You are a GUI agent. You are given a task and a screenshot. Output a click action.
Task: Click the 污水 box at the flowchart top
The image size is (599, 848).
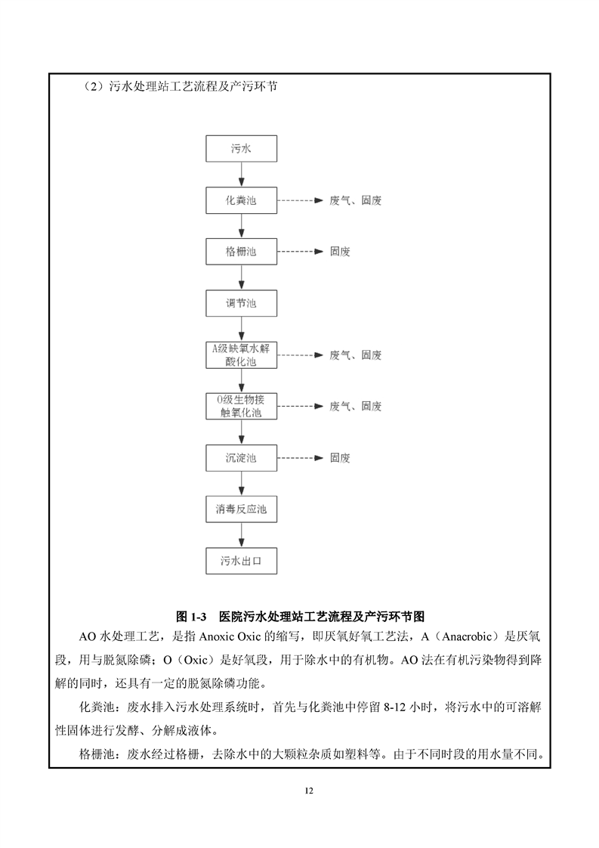click(241, 149)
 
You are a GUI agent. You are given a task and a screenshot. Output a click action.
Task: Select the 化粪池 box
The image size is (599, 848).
click(241, 200)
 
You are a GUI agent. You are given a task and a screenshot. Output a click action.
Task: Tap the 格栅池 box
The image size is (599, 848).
click(241, 252)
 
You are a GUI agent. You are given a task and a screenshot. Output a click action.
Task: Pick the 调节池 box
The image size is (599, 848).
click(241, 303)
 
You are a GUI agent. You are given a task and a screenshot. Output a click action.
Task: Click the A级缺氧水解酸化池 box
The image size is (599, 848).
click(241, 354)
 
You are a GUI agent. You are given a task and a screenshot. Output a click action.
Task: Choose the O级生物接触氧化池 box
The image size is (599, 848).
click(241, 406)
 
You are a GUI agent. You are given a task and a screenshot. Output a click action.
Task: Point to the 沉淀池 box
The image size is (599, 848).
click(241, 458)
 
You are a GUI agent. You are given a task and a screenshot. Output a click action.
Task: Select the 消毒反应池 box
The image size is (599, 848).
click(241, 509)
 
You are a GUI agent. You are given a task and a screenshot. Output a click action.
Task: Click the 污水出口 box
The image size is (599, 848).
click(241, 561)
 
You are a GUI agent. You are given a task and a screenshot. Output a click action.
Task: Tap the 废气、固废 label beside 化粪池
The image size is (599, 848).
click(356, 200)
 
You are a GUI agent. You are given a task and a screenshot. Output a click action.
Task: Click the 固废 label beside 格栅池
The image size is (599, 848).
click(340, 252)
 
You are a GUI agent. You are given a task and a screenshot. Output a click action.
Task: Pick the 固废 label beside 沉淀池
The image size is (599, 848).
click(340, 458)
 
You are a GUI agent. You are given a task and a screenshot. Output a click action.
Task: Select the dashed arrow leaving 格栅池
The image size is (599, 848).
click(300, 252)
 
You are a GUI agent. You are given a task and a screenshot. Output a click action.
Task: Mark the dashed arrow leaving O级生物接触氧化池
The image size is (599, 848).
click(300, 406)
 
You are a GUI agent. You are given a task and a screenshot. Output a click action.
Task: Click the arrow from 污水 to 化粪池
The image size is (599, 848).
click(241, 175)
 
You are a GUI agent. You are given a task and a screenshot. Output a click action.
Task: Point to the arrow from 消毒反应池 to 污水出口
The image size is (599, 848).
click(241, 535)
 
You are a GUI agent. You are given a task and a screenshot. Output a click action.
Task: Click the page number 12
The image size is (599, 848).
click(309, 791)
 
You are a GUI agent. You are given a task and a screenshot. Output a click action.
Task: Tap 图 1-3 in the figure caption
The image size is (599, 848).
click(191, 617)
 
